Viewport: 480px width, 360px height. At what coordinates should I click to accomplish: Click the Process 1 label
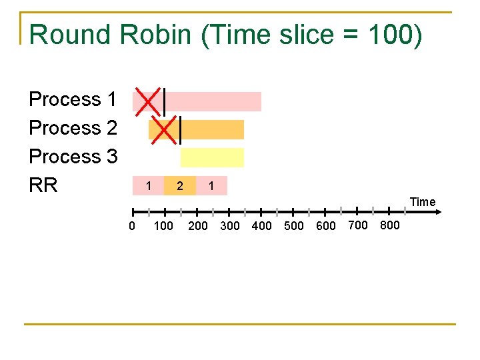[73, 99]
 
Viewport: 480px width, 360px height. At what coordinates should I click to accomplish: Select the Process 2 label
[73, 127]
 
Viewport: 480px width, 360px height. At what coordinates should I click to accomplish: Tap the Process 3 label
[73, 156]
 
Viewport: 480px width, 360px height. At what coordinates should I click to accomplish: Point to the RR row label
[43, 185]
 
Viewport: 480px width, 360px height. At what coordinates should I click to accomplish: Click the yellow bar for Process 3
[212, 157]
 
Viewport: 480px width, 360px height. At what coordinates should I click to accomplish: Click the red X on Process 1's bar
[148, 101]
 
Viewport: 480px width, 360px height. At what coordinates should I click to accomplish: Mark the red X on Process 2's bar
[164, 129]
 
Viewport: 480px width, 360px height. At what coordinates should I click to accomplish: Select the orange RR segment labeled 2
[179, 186]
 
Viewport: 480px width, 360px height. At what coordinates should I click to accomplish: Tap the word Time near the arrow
[423, 202]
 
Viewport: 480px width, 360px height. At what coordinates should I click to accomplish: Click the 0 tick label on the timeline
[132, 226]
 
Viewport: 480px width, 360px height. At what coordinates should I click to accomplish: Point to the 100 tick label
[163, 226]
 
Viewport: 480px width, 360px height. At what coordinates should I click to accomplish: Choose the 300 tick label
[229, 226]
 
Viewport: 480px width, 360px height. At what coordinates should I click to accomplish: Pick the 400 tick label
[261, 226]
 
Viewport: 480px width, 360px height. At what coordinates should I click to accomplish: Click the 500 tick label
[294, 226]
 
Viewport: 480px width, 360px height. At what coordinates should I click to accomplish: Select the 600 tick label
[326, 226]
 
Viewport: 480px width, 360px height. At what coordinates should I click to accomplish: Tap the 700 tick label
[358, 225]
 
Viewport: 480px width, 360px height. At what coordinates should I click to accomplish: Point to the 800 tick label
[389, 225]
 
